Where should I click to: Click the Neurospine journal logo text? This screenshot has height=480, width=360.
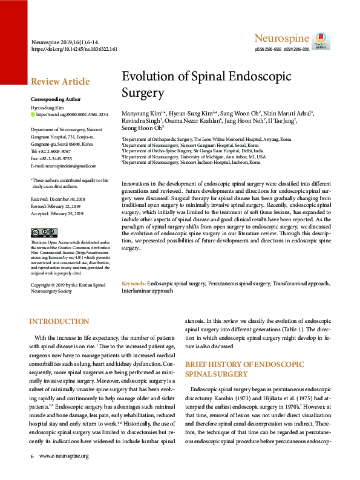(x=283, y=39)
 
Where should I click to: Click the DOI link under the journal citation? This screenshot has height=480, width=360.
(x=74, y=48)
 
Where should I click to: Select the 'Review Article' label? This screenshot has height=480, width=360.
(x=60, y=82)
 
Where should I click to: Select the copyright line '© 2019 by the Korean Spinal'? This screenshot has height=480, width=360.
(x=69, y=284)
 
